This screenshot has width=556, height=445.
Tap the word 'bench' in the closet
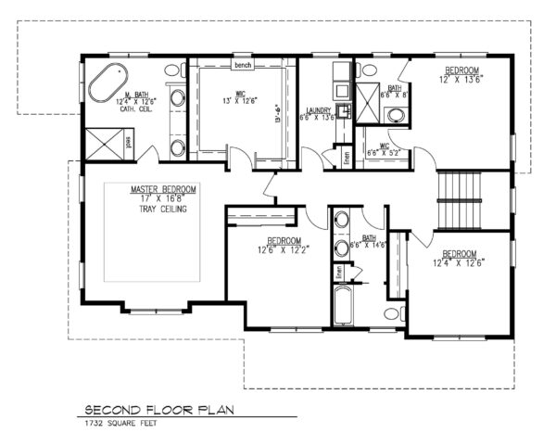pyautogui.click(x=244, y=66)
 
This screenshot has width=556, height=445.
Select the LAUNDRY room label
pyautogui.click(x=321, y=111)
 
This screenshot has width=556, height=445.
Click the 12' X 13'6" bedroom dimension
pyautogui.click(x=461, y=80)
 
